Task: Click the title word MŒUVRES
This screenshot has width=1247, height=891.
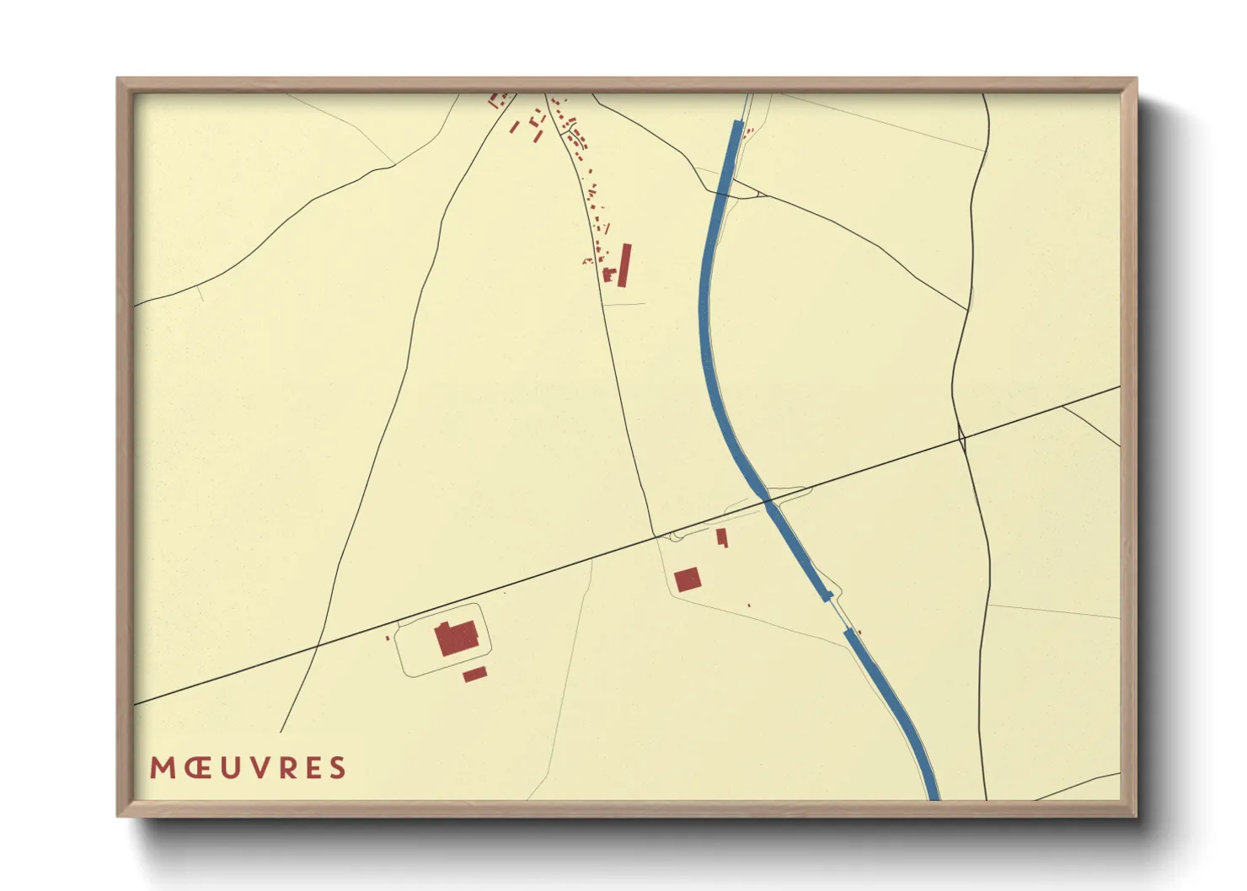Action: pyautogui.click(x=248, y=768)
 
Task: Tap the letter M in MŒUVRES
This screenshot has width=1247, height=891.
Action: pyautogui.click(x=162, y=768)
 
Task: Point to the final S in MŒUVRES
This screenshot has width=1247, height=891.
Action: pyautogui.click(x=337, y=768)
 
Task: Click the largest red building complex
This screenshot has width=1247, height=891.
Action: pyautogui.click(x=457, y=638)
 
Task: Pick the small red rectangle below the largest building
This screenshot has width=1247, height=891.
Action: pyautogui.click(x=474, y=674)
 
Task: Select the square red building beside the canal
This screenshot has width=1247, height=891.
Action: pyautogui.click(x=688, y=579)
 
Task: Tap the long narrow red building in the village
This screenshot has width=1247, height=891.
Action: pyautogui.click(x=624, y=265)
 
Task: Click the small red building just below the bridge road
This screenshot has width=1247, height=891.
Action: pyautogui.click(x=721, y=536)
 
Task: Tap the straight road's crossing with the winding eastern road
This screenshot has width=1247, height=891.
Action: pyautogui.click(x=961, y=438)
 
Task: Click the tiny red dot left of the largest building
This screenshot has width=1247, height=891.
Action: pyautogui.click(x=388, y=638)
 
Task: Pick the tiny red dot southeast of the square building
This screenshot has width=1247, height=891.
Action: pyautogui.click(x=749, y=605)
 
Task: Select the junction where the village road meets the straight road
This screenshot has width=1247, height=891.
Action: pyautogui.click(x=655, y=536)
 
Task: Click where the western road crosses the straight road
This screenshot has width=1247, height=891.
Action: pyautogui.click(x=318, y=646)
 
